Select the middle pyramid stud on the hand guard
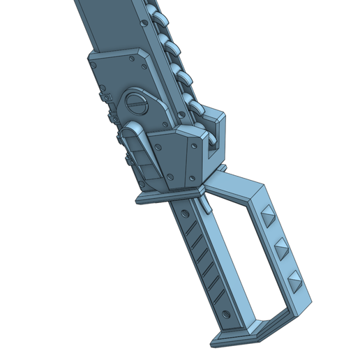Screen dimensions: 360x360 (280, 248)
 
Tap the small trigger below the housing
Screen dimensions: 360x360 (205, 205)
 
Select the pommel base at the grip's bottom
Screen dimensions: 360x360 (241, 336)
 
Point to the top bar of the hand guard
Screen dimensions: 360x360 (237, 183)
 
